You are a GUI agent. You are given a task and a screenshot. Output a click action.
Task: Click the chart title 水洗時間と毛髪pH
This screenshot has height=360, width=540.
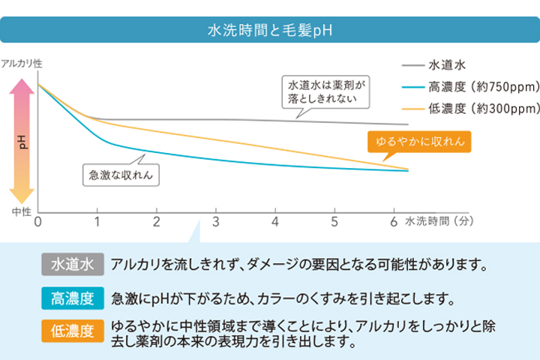(x=269, y=31)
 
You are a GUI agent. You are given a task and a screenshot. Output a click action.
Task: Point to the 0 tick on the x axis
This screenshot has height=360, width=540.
(x=37, y=222)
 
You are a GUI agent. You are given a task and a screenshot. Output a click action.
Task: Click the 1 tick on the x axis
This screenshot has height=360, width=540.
(x=97, y=222)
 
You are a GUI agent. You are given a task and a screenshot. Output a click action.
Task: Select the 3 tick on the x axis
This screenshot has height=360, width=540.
(x=216, y=222)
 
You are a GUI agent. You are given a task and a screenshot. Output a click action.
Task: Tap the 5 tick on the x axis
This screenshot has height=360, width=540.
(x=334, y=222)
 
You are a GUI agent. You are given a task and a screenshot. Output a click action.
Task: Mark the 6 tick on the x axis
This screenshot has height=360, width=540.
(x=394, y=222)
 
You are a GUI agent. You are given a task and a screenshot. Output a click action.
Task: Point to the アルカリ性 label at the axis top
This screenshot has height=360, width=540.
(x=22, y=65)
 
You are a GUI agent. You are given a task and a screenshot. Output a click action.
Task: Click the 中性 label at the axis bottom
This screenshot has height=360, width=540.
(x=21, y=212)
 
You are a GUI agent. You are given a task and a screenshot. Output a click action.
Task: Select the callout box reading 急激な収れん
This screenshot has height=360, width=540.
(x=121, y=175)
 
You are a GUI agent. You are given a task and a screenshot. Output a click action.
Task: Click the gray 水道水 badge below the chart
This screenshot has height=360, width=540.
(x=72, y=265)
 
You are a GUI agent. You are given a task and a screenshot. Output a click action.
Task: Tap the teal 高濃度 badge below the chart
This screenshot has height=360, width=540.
(x=72, y=298)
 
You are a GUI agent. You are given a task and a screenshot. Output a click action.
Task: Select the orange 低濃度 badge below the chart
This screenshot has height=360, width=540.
(x=72, y=331)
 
